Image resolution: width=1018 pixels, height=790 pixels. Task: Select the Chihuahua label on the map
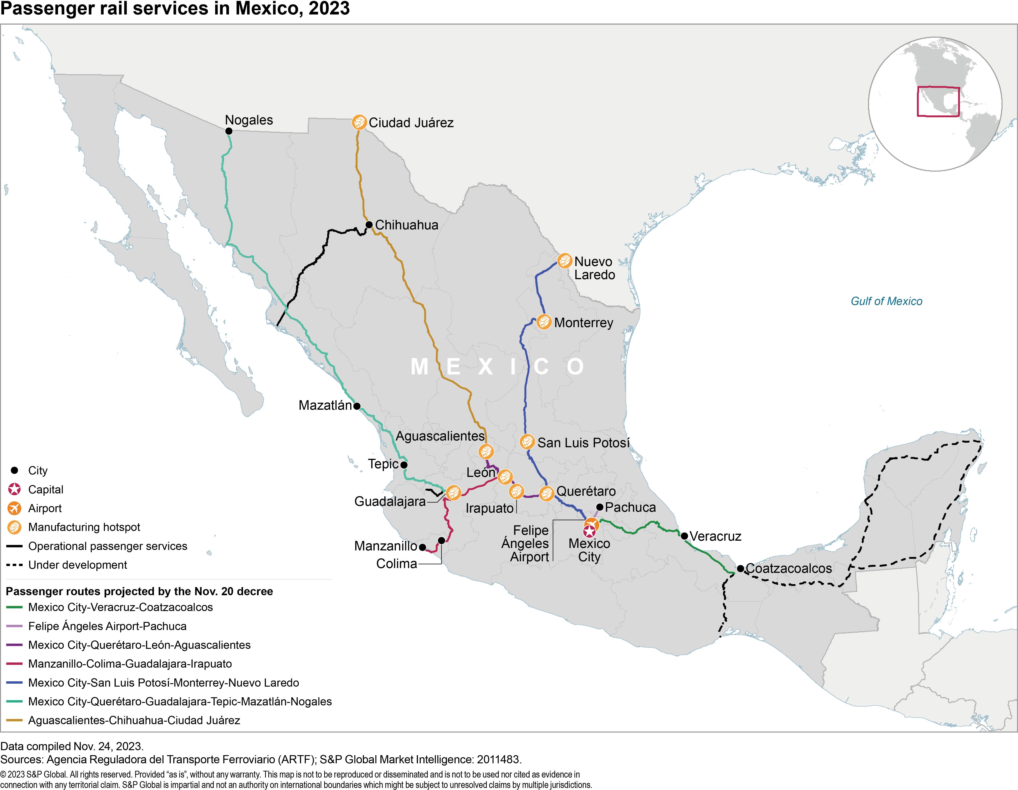[x=407, y=225]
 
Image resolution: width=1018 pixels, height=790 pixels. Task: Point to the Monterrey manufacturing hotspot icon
[x=543, y=322]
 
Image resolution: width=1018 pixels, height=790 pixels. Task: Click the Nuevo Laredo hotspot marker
[x=564, y=261]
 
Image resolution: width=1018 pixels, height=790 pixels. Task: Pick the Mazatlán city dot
[x=357, y=406]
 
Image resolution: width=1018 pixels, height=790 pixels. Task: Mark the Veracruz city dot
[x=684, y=536]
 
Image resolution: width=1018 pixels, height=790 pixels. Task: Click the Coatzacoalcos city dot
[x=740, y=569]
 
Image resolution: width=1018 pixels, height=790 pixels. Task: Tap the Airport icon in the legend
[x=14, y=508]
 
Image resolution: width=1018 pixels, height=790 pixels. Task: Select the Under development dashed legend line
[x=14, y=565]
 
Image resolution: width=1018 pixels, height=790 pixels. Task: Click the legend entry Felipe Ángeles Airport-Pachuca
[x=107, y=626]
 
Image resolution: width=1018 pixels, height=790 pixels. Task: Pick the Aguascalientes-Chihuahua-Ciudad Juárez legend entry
[x=134, y=720]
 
